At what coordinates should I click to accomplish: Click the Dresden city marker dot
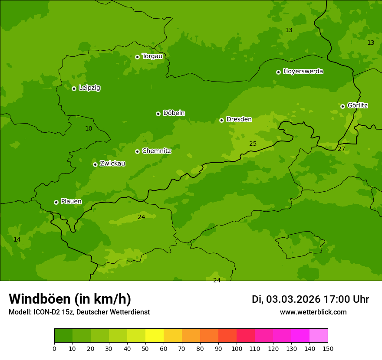pos(221,120)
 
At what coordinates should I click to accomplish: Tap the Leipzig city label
pos(89,88)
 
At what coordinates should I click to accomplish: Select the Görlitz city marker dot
pos(342,106)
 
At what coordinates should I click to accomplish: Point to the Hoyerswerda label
pos(303,71)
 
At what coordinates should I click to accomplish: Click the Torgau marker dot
pos(137,57)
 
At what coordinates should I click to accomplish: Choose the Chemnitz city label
pos(156,151)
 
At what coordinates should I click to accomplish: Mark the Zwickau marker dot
pos(95,164)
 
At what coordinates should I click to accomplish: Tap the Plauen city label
pos(71,201)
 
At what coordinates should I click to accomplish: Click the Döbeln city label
pos(174,113)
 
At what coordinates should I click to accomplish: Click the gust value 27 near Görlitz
pos(341,149)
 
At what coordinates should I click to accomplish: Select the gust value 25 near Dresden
pos(253,144)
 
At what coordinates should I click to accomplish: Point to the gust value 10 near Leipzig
pos(89,128)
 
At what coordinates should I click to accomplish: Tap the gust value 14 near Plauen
pos(17,239)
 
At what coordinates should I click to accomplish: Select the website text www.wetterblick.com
pos(313,312)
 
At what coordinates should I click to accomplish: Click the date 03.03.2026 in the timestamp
pos(293,299)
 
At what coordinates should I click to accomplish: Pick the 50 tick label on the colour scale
pos(145,348)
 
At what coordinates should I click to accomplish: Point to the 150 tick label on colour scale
pos(328,348)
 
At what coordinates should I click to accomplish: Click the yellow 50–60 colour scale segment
pos(155,335)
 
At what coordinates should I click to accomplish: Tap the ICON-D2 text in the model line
pos(49,312)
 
